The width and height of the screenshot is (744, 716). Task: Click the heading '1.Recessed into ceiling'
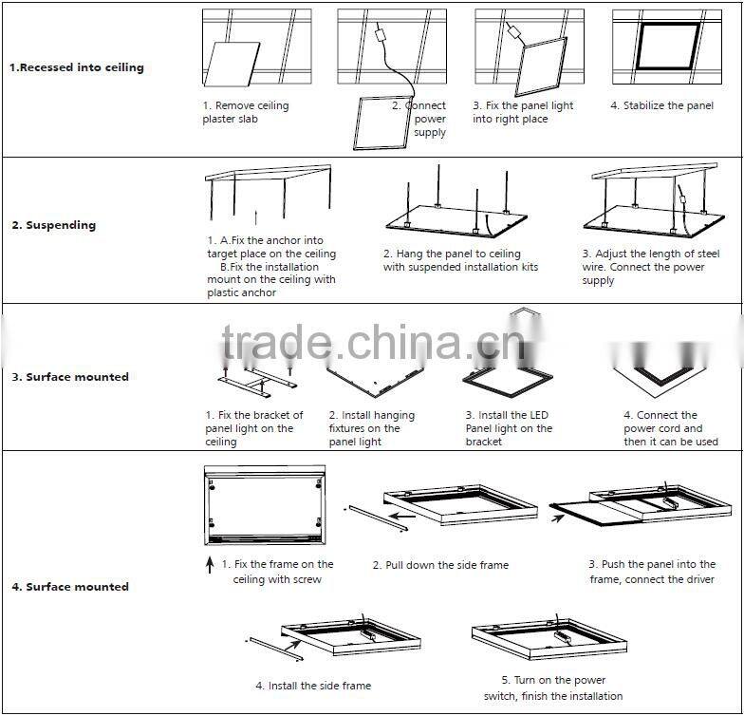pos(76,67)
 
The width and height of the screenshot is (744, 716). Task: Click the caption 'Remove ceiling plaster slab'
pos(245,112)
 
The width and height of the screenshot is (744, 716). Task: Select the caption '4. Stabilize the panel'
pos(661,105)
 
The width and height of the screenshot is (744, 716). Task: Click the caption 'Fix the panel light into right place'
pos(523,112)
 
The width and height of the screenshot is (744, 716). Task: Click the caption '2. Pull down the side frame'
pos(440,565)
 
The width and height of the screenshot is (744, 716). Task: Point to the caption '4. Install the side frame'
pos(313,686)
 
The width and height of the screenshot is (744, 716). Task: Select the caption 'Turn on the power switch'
pos(552,688)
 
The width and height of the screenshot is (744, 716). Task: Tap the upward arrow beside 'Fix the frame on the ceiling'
pos(210,566)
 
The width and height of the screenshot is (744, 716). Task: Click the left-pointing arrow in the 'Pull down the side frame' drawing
pos(404,518)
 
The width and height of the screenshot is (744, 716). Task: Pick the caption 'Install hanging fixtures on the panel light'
pos(371,428)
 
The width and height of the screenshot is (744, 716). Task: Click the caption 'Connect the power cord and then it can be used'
pos(670,428)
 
